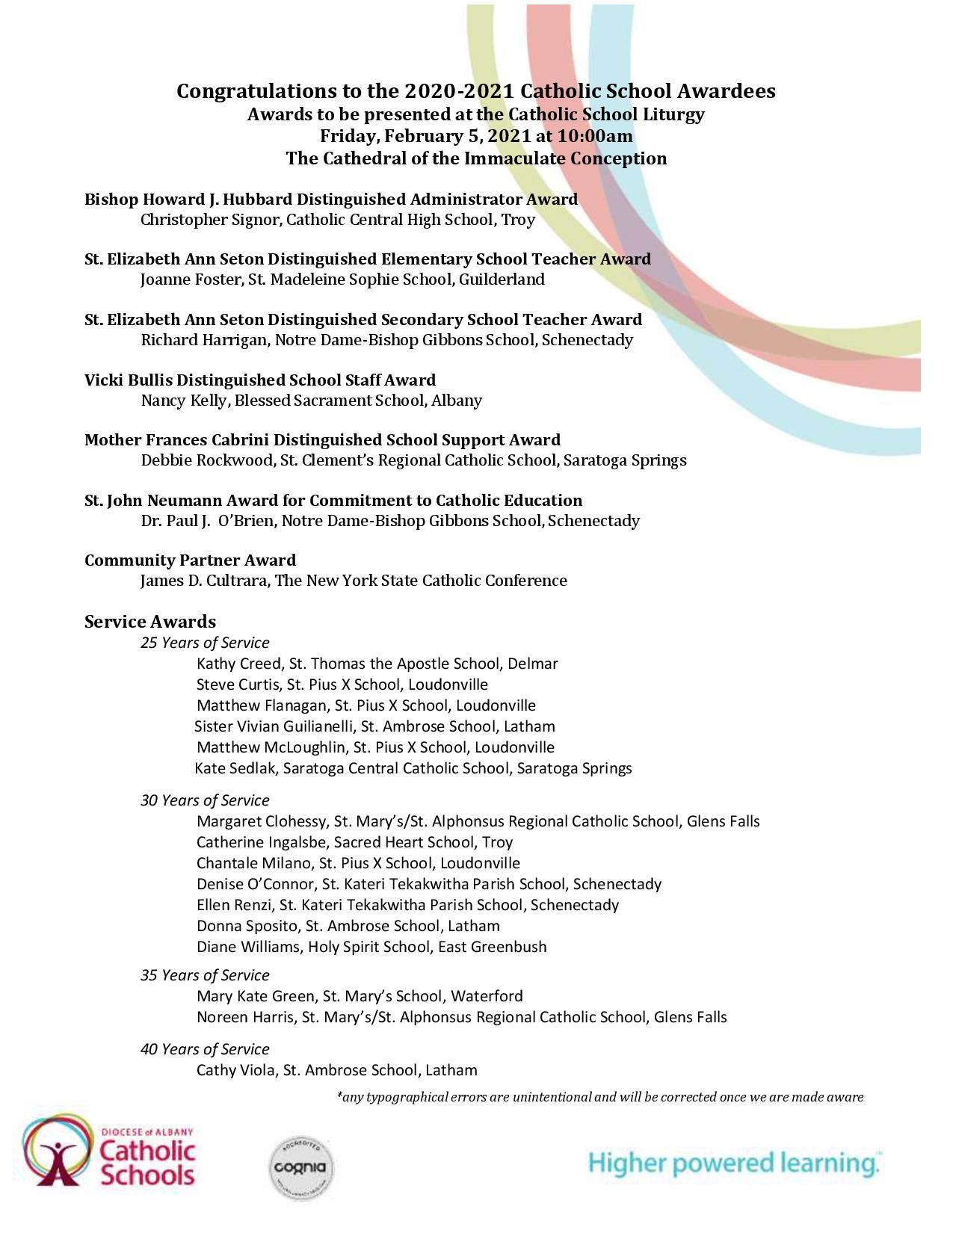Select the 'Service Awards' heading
click(x=150, y=622)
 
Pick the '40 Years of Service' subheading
click(x=205, y=1049)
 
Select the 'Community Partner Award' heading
click(x=190, y=560)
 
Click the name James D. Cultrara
click(x=204, y=581)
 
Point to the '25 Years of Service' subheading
click(x=205, y=643)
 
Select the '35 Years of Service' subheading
click(x=205, y=975)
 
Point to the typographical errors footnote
click(x=599, y=1097)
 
